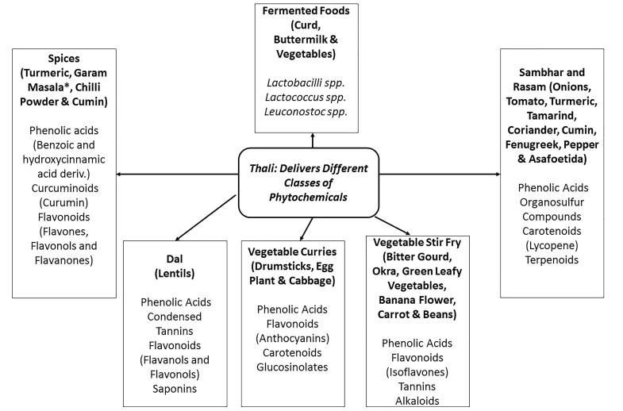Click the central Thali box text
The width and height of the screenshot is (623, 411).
[308, 182]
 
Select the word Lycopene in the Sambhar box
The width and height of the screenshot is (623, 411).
[552, 245]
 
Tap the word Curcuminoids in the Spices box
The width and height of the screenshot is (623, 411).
[65, 188]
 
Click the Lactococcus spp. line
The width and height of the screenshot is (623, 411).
[306, 98]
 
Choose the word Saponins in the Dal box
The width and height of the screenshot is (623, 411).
[175, 389]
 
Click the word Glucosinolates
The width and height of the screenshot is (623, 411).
[292, 367]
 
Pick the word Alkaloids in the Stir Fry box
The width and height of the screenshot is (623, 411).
[417, 401]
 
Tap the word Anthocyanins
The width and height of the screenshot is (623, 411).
[292, 338]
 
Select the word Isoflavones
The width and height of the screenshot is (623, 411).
[417, 372]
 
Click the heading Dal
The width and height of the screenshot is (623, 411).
[175, 259]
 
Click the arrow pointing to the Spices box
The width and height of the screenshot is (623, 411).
[177, 174]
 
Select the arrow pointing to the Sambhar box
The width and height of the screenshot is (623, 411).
[440, 174]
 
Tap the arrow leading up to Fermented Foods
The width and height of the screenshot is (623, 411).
[313, 140]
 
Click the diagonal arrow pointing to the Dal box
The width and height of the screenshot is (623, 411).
[206, 217]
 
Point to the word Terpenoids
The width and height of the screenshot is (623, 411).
[552, 259]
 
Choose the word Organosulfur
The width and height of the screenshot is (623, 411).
[552, 202]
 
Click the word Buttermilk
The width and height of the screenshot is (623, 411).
[300, 40]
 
